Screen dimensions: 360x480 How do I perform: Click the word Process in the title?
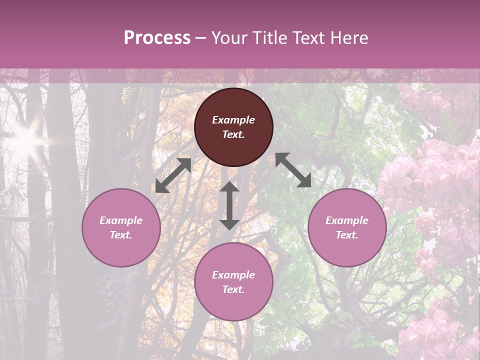pyautogui.click(x=157, y=38)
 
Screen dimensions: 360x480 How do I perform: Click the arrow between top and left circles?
pyautogui.click(x=173, y=176)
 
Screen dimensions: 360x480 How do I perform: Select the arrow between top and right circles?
pyautogui.click(x=293, y=170)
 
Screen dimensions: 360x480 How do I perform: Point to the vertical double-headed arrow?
pyautogui.click(x=229, y=205)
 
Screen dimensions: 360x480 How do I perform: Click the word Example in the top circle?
pyautogui.click(x=233, y=120)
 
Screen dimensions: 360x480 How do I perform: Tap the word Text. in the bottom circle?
pyautogui.click(x=233, y=289)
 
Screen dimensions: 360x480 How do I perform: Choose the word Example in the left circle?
pyautogui.click(x=121, y=220)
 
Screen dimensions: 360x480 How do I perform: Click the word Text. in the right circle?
pyautogui.click(x=347, y=235)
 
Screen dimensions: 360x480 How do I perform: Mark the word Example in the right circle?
pyautogui.click(x=347, y=220)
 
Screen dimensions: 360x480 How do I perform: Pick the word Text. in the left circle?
pyautogui.click(x=121, y=235)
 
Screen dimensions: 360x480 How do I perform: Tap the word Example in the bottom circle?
pyautogui.click(x=233, y=275)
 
